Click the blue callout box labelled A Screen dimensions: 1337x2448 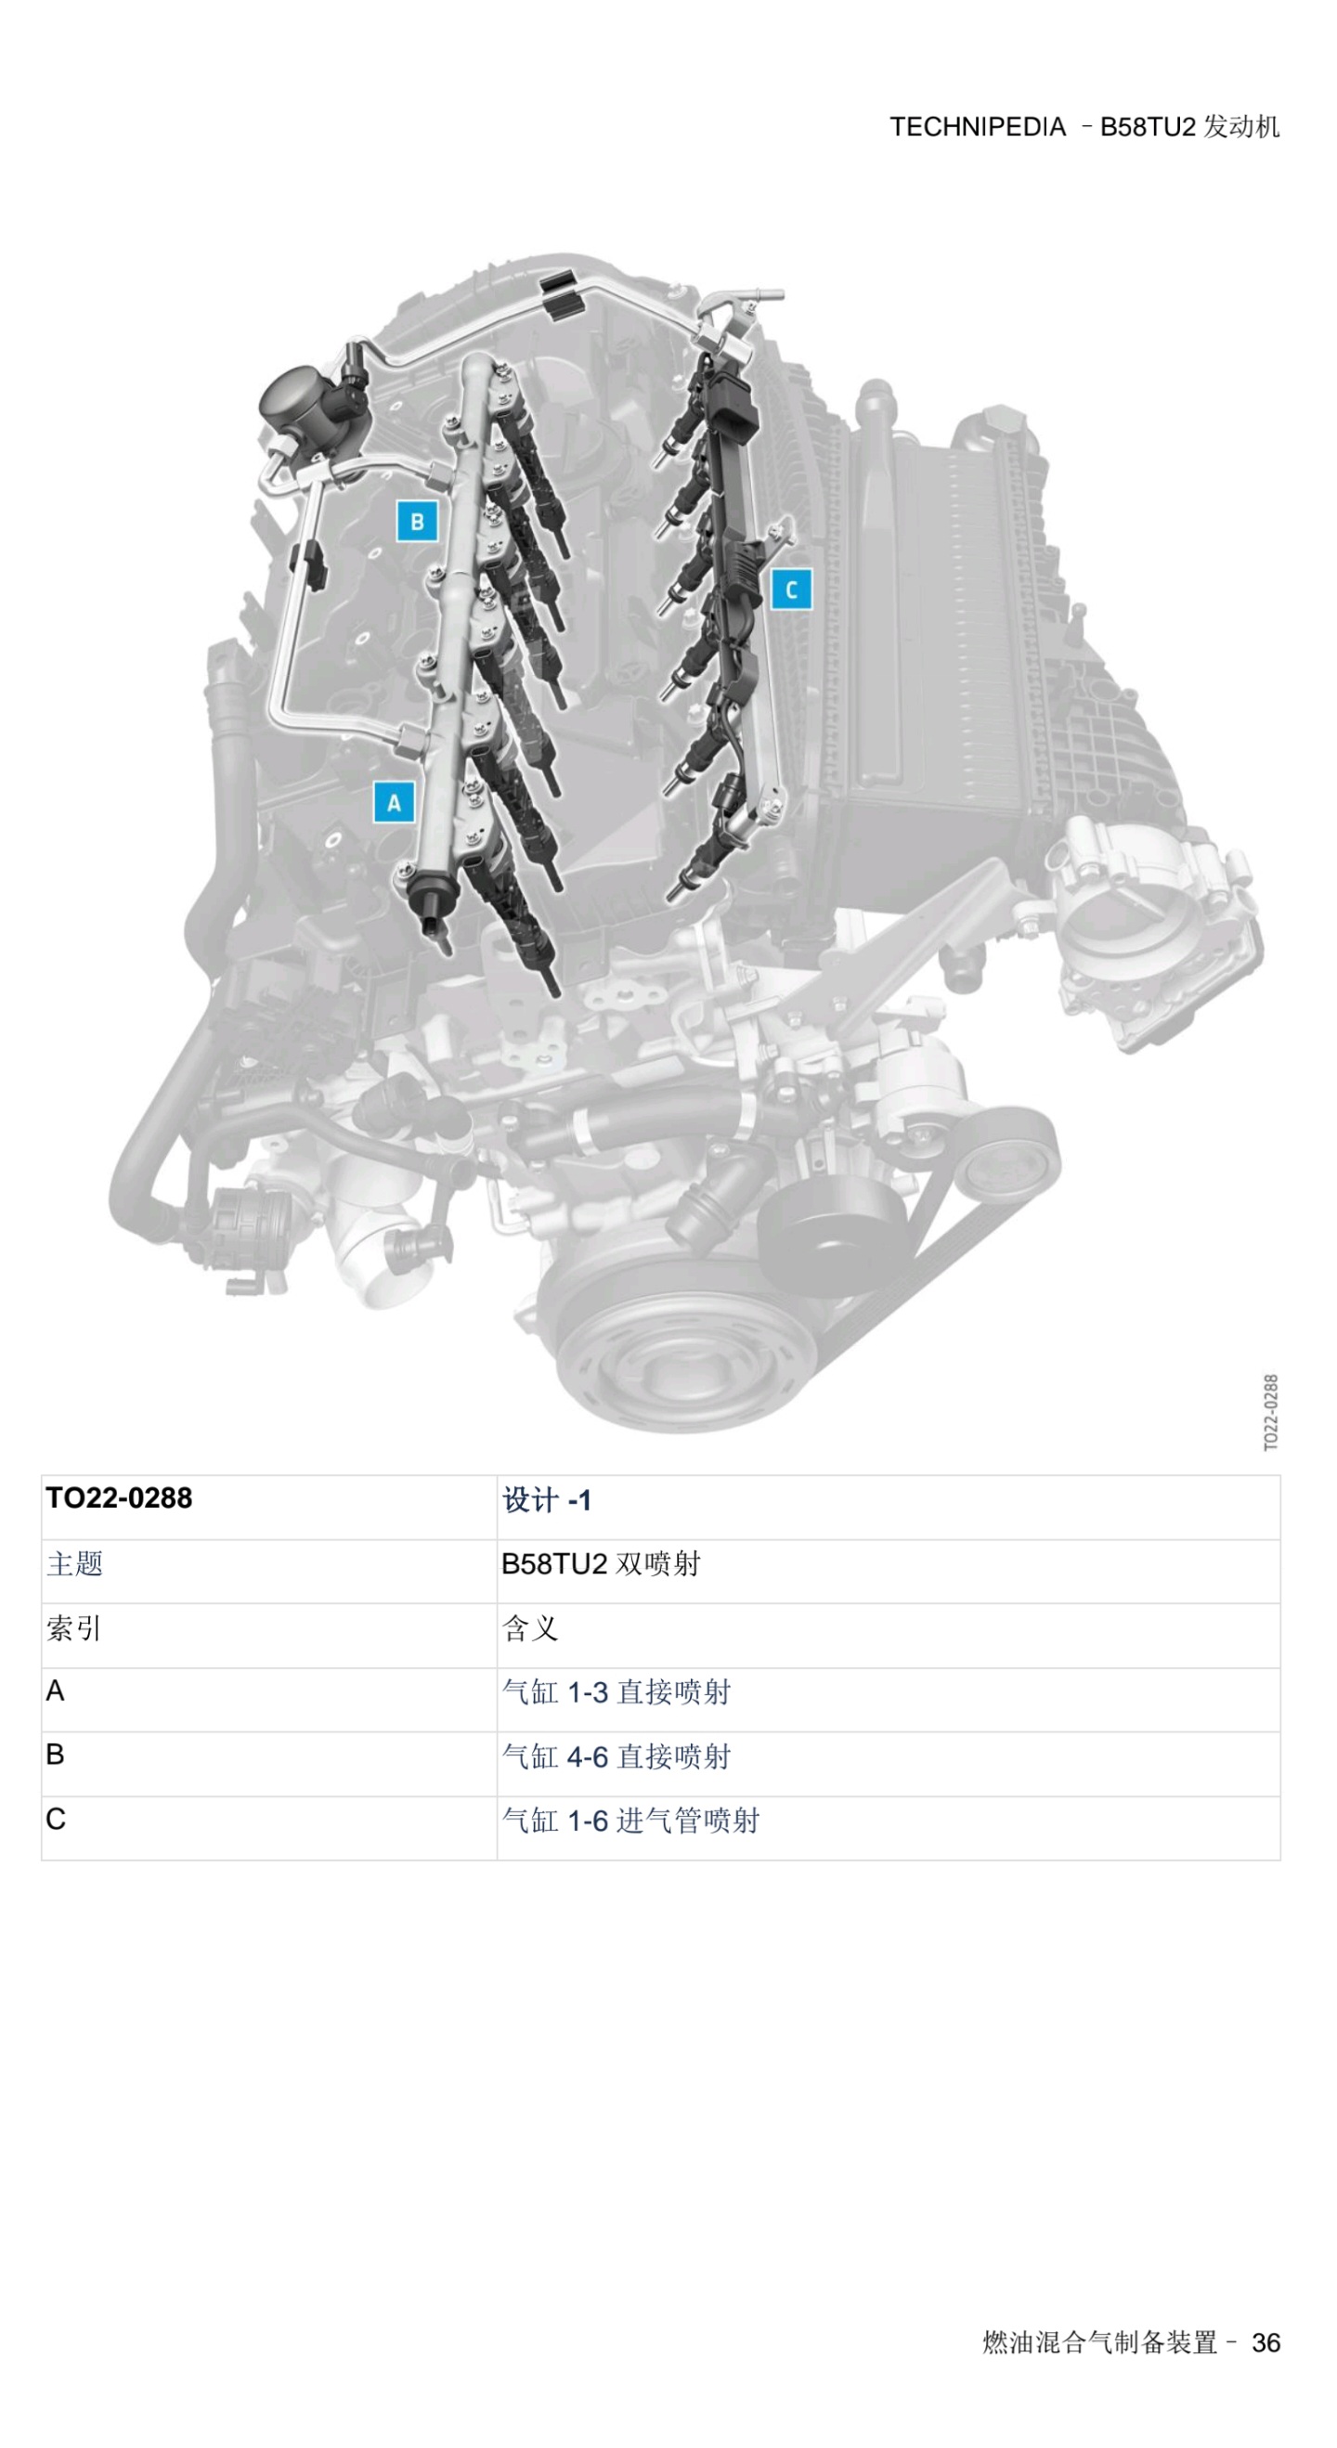(395, 803)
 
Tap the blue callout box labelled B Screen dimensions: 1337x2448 (417, 521)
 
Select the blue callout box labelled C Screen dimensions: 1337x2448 (792, 589)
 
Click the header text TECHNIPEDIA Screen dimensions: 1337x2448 (977, 126)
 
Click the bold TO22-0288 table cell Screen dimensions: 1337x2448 (119, 1498)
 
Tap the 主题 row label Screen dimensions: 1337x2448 (74, 1564)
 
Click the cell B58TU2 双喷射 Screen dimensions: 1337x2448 (601, 1564)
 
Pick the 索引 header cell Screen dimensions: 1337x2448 (74, 1629)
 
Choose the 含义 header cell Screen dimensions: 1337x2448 (529, 1629)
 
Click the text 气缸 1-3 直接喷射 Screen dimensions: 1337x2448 (617, 1692)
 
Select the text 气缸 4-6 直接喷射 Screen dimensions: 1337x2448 (617, 1757)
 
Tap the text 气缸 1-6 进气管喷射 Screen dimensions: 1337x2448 (631, 1820)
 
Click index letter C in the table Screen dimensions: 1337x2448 (56, 1819)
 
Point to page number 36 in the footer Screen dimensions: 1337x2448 (1266, 2342)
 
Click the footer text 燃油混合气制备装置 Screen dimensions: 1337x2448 (1100, 2342)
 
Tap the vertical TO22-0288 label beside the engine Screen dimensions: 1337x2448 (1270, 1412)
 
